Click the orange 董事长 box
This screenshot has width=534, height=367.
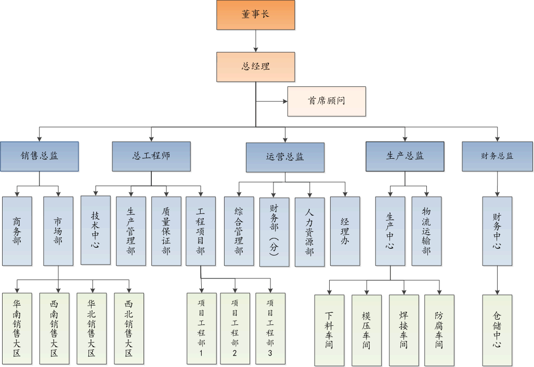pos(255,15)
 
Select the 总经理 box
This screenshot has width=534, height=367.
pos(255,67)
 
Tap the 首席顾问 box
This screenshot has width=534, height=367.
pos(327,101)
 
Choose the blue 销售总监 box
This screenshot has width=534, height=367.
pos(40,156)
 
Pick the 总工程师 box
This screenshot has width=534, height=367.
pos(151,156)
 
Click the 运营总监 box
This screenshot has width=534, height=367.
pos(285,157)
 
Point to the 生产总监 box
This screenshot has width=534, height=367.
pos(405,156)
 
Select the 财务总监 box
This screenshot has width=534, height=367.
pos(498,156)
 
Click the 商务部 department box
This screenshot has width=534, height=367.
pos(17,231)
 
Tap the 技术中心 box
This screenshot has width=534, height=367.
pos(95,230)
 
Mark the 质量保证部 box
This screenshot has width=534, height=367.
pos(166,231)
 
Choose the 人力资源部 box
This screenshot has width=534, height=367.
pos(309,232)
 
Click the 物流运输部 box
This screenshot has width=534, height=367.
pos(426,231)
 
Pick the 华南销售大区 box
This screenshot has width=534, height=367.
pos(17,328)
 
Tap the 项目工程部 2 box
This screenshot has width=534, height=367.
pos(235,328)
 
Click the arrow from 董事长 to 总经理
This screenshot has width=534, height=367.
pos(255,41)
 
